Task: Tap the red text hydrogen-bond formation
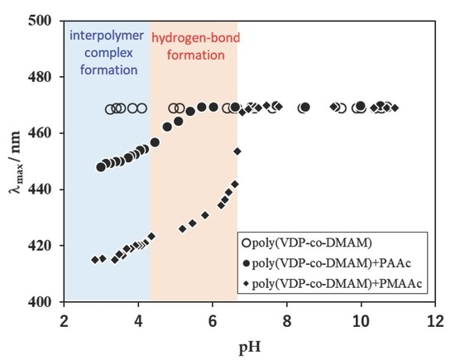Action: coord(193,45)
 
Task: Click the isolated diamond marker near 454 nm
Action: coord(237,151)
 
